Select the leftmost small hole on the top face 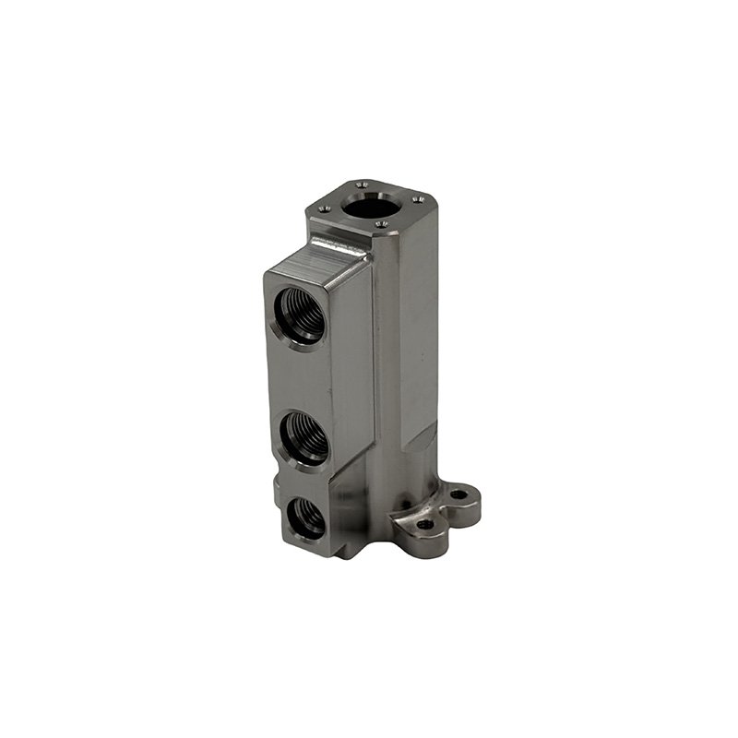pos(324,209)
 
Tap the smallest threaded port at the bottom pos(305,518)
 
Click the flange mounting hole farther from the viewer pos(458,495)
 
